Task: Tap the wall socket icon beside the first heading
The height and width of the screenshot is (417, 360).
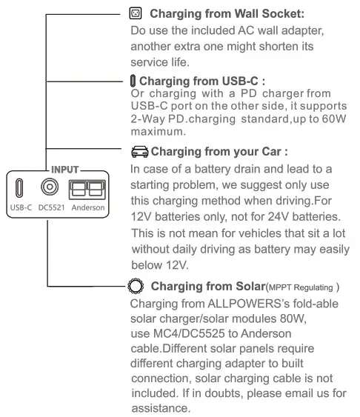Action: [134, 13]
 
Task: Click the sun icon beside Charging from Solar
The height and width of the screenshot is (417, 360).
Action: [135, 286]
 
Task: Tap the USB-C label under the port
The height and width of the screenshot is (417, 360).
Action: [20, 208]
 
